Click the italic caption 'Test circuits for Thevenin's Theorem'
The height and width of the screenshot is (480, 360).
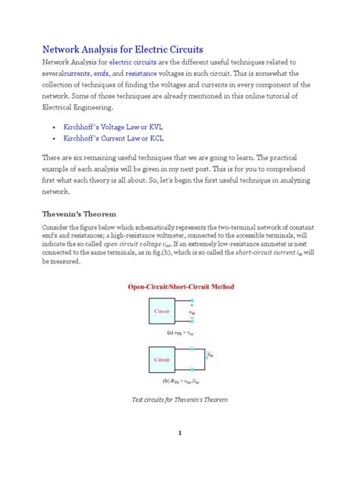(x=180, y=399)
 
